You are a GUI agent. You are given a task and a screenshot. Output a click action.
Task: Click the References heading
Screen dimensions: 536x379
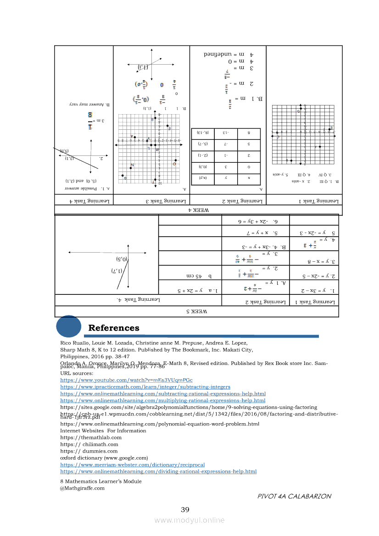tap(114, 328)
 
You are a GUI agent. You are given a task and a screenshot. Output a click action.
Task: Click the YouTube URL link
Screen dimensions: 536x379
tap(126, 380)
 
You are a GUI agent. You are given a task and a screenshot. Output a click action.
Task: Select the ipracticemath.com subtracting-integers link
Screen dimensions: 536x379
tap(145, 387)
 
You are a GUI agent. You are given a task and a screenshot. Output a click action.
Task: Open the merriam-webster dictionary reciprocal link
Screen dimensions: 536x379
tap(132, 464)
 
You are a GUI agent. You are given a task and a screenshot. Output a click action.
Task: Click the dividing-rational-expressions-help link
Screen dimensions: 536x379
tap(158, 471)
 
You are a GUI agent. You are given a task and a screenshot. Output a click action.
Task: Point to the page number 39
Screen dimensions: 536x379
tap(185, 509)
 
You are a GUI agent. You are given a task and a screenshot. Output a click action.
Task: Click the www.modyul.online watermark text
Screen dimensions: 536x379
tap(189, 520)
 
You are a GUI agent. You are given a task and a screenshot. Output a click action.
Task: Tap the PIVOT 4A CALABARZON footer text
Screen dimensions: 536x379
tap(294, 496)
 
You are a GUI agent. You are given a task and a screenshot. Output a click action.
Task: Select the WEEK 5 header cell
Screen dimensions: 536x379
tap(196, 311)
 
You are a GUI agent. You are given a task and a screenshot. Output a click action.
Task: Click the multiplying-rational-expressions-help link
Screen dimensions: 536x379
tap(163, 400)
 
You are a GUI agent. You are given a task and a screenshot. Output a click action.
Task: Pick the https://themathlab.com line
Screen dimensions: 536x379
tap(91, 437)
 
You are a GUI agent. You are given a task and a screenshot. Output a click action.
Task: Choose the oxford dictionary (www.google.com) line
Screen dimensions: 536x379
tap(104, 458)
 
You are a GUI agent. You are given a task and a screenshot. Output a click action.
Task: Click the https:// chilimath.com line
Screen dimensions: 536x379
tap(89, 444)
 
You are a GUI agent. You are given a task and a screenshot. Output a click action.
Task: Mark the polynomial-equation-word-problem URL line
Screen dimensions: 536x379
tap(160, 424)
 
